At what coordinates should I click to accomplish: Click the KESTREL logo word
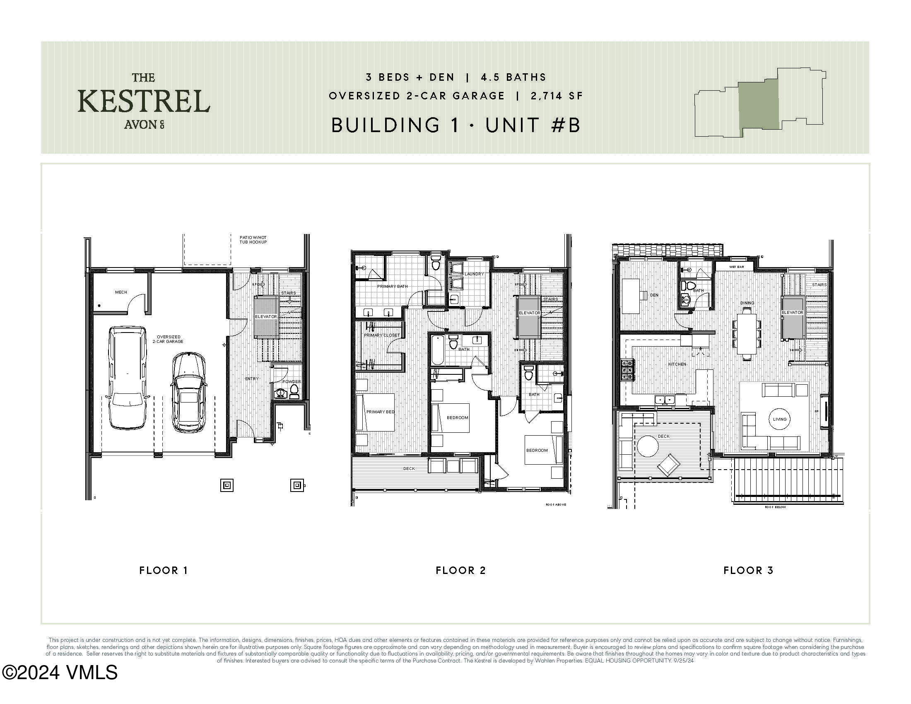144,101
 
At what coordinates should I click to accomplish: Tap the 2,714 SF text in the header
557,96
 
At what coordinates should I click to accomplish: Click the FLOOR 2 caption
460,571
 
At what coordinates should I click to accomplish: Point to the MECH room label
121,292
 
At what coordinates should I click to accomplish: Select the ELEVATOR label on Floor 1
266,316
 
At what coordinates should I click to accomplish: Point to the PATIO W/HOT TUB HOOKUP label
253,240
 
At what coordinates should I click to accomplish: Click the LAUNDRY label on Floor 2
474,274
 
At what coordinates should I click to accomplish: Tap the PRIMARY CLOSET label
382,335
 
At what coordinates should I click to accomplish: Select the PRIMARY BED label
380,412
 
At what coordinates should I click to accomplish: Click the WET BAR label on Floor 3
736,267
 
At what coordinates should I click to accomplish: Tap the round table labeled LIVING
779,419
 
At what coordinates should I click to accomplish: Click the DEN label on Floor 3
654,295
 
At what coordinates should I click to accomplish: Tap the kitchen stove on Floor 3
627,369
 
